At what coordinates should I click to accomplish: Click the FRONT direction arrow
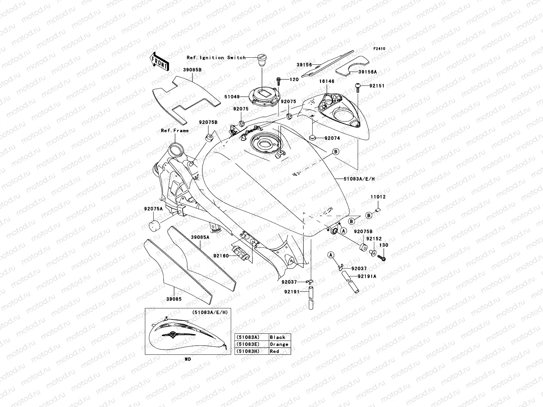pos(160,62)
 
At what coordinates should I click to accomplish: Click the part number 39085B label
pos(193,70)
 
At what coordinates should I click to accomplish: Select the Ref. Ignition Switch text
pos(216,58)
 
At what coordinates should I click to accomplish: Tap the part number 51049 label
pos(232,97)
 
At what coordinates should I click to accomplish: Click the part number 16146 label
pos(326,81)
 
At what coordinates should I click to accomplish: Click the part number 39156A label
pos(368,72)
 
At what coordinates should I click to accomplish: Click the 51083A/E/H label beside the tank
pos(359,179)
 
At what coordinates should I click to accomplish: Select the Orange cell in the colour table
pos(279,344)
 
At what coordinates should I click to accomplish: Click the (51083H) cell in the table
pos(247,351)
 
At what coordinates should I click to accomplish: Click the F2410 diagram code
pos(379,49)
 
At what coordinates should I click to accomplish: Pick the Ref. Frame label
pos(174,131)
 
